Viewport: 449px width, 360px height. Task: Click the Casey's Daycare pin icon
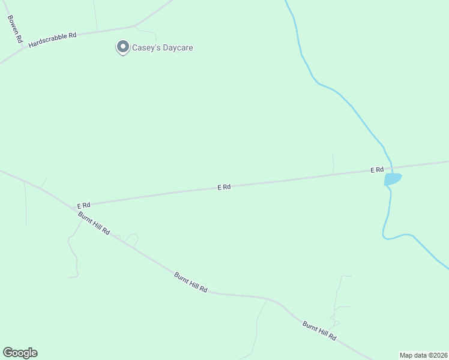pos(123,47)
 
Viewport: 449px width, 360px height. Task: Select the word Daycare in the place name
pos(178,47)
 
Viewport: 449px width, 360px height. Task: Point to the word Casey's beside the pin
pos(147,47)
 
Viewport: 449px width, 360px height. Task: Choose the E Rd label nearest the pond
pos(376,170)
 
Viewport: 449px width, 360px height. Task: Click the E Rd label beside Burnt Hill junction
pos(83,205)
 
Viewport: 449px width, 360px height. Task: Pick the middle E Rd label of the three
pos(224,187)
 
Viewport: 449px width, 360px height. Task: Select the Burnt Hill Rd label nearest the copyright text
pos(319,331)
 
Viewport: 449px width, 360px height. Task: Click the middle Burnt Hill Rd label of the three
pos(191,282)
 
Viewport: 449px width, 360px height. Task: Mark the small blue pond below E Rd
pos(393,179)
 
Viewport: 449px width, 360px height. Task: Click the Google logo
pos(20,353)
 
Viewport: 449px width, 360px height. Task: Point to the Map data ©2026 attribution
pos(423,355)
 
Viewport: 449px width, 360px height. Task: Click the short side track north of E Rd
pos(333,164)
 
